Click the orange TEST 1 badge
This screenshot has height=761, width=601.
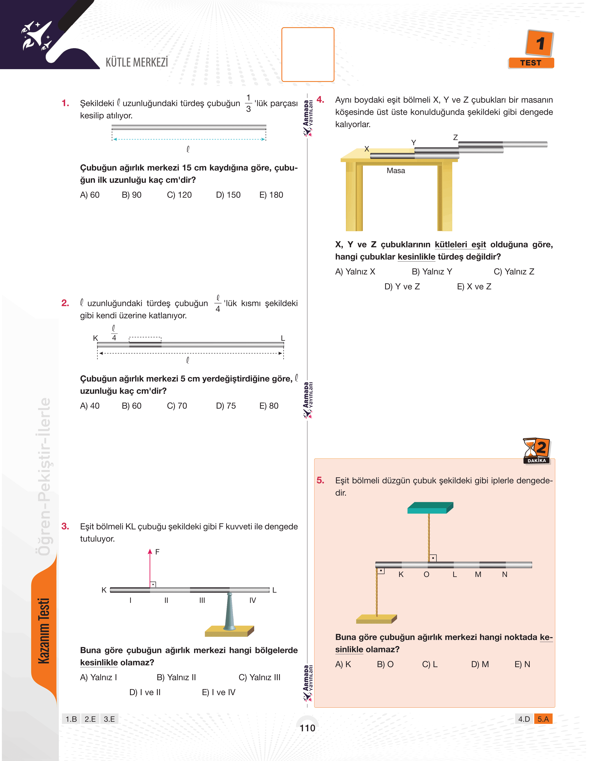pos(531,49)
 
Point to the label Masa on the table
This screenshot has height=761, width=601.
pos(396,171)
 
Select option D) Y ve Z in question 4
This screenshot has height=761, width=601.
pos(402,287)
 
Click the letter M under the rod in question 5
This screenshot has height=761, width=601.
pos(478,574)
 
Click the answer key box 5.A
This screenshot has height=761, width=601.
pos(543,719)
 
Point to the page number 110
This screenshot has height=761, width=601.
pos(307,728)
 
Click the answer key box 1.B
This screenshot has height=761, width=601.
pos(71,719)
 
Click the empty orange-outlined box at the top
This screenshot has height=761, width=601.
pos(308,54)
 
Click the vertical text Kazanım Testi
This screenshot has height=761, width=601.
pos(44,631)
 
